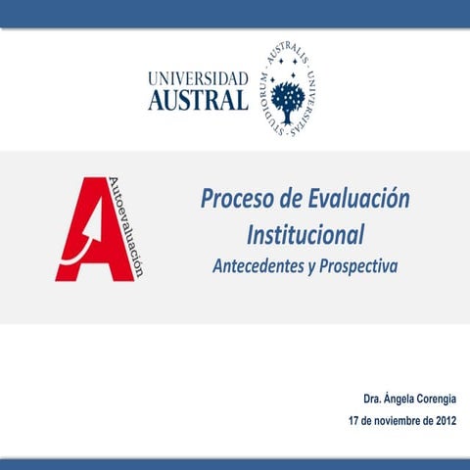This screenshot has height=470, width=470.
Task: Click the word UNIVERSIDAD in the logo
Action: tap(198, 77)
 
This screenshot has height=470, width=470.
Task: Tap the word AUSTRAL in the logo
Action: tap(198, 100)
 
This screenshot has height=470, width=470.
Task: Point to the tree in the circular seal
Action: tap(288, 97)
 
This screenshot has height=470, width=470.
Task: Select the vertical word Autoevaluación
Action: tap(137, 227)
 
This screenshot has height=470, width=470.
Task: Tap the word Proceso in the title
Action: tap(233, 201)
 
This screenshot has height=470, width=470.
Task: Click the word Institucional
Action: tap(305, 235)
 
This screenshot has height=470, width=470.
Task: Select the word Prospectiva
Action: tap(357, 265)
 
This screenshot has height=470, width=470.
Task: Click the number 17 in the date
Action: tap(354, 421)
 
